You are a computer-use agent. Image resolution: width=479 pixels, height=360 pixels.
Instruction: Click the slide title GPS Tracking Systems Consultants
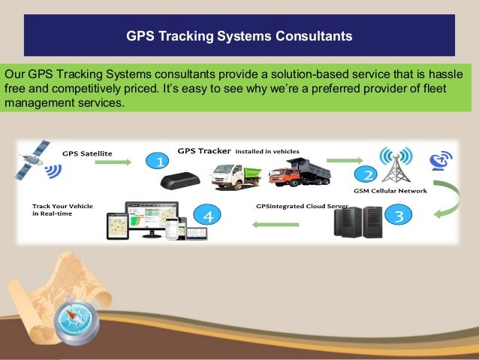coord(239,35)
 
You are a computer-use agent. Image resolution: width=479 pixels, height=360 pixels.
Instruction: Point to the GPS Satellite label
coord(87,153)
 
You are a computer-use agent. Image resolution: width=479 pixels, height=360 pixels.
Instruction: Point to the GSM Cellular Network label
coord(391,191)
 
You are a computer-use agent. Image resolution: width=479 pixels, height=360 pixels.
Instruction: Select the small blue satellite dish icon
coord(441,161)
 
